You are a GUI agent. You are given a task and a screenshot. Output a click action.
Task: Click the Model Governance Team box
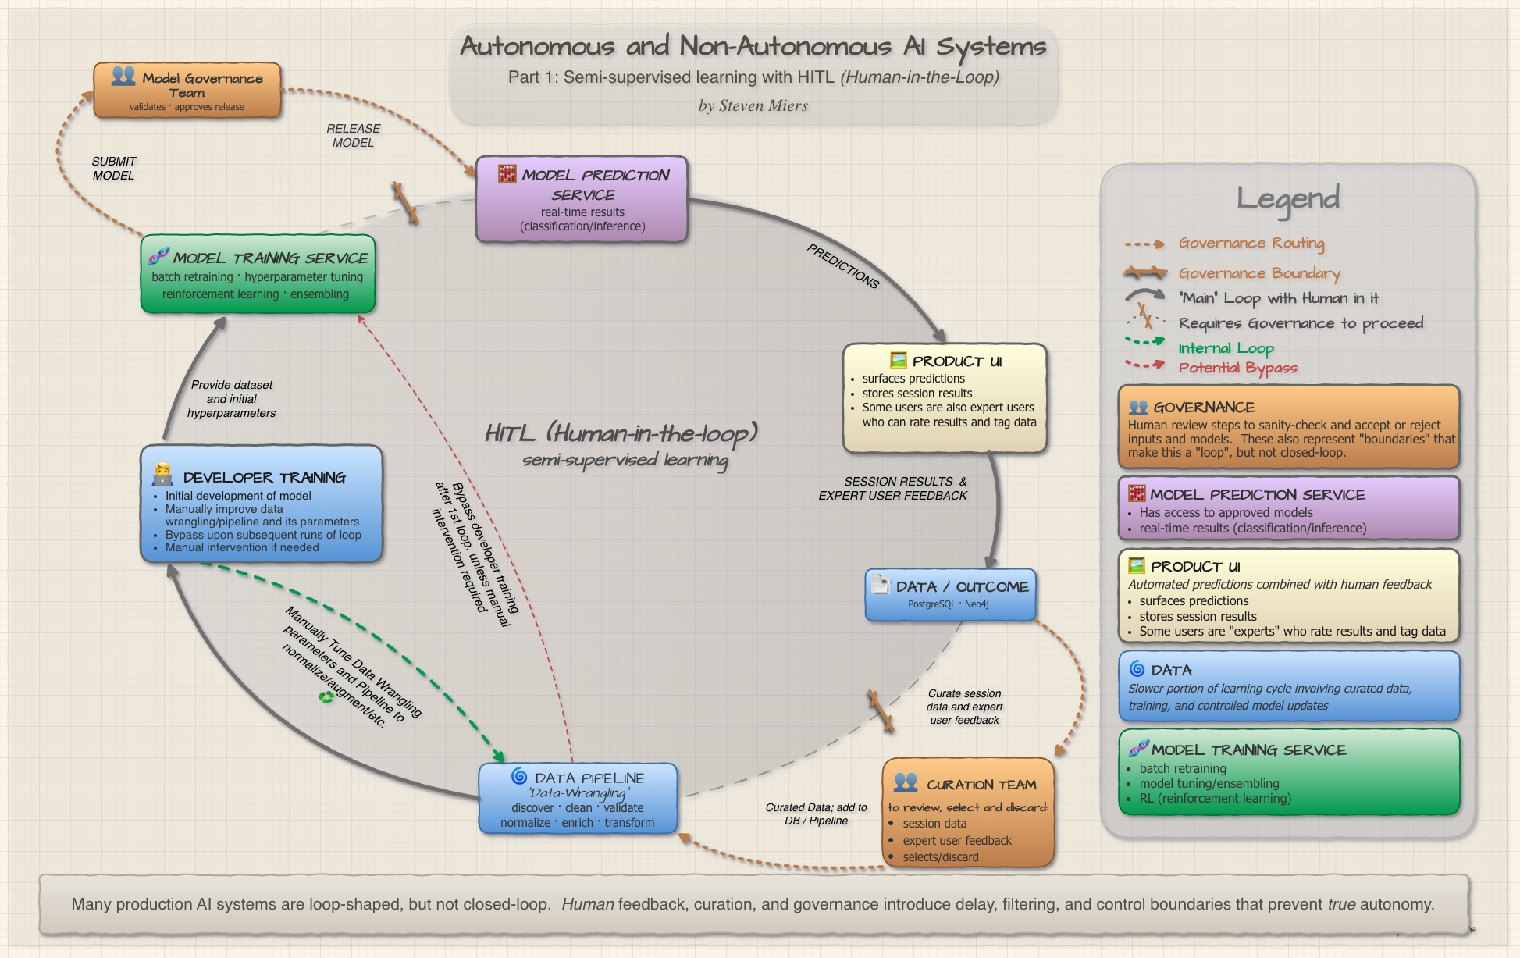187,91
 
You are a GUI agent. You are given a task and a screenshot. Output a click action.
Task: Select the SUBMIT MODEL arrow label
114,169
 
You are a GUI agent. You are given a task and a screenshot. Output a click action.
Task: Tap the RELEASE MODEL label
353,136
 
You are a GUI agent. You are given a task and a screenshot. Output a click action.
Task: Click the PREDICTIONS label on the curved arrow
843,266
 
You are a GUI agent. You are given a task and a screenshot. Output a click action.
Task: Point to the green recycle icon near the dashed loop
326,697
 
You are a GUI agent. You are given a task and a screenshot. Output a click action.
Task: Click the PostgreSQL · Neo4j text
949,604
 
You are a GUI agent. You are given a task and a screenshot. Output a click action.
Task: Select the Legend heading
1288,198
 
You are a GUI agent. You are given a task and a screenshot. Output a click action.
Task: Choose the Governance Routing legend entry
1251,244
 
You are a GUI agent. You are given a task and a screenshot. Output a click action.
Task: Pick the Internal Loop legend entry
1226,348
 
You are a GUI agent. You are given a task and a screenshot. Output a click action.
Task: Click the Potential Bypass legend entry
1237,368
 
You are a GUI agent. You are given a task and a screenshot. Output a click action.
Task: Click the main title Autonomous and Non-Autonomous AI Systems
753,47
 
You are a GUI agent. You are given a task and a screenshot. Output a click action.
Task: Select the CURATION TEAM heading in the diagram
981,785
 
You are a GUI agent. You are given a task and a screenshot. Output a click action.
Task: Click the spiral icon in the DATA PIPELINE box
519,776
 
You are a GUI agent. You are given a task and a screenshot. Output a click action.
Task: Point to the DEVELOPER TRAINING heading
264,478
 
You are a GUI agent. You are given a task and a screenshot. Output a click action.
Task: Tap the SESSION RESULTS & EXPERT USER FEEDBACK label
894,489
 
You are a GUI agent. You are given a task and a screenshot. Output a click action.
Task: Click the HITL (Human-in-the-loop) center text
621,433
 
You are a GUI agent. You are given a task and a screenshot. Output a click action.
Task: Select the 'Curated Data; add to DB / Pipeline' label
816,814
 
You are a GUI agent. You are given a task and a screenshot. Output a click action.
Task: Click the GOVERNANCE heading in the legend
1204,408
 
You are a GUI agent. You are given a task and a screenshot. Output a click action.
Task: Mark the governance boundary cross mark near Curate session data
881,711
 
